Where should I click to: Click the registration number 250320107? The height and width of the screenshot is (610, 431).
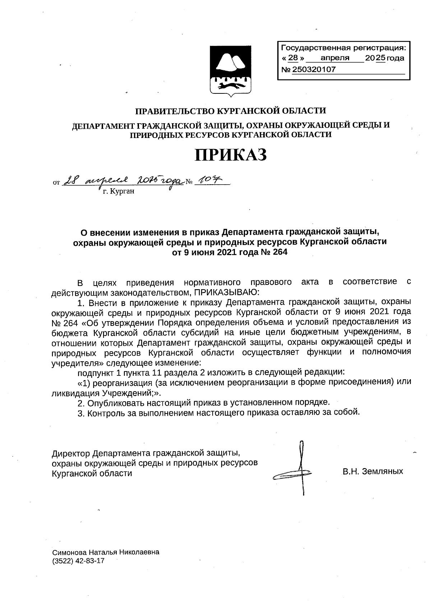(314, 70)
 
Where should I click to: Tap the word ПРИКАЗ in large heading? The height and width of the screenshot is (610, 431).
(231, 155)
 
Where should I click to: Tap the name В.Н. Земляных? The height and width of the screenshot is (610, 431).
(372, 471)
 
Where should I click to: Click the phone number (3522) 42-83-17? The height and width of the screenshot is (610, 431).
(78, 561)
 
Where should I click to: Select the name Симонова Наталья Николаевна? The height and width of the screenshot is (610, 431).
(106, 552)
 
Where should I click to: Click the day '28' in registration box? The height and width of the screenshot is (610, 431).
(293, 58)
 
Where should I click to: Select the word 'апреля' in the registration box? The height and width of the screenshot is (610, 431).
(335, 58)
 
